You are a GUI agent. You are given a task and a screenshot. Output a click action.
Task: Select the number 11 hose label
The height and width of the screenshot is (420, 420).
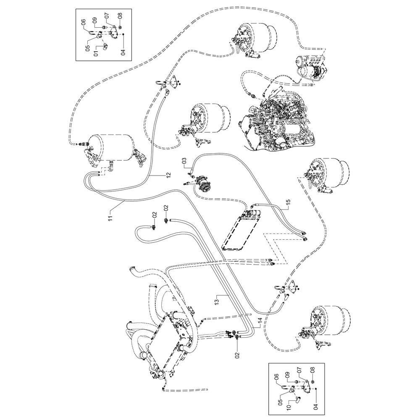coord(110,218)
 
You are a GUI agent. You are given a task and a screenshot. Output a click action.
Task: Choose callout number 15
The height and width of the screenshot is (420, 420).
coord(289,203)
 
